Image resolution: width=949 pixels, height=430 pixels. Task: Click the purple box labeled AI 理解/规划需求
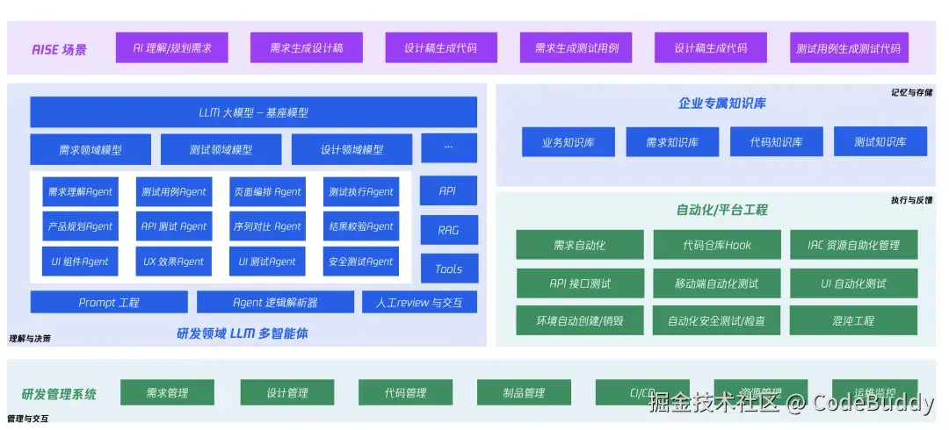[166, 47]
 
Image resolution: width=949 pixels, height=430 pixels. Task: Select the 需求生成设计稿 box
[306, 47]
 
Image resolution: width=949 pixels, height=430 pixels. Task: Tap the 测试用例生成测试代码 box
[848, 47]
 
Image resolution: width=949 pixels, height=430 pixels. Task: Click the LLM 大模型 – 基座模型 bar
[253, 112]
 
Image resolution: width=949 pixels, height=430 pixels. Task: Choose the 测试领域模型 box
[221, 149]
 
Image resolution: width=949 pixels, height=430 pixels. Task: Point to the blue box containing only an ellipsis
[448, 148]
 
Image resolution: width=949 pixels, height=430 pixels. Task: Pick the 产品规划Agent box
[81, 226]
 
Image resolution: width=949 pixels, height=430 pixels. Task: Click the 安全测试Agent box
[361, 262]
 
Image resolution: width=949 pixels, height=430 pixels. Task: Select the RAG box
[448, 230]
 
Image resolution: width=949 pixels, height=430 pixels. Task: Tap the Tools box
[448, 269]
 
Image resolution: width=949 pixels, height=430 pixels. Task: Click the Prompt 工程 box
[109, 303]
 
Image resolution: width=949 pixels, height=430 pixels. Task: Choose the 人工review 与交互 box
[419, 303]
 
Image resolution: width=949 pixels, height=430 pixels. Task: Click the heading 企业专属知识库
[721, 103]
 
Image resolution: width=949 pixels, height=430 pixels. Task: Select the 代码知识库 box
[776, 142]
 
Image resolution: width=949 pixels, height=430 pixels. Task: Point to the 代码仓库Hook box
[716, 245]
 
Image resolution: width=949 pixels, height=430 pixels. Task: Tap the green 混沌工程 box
[853, 321]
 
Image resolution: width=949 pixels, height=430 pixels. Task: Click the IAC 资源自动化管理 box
[853, 245]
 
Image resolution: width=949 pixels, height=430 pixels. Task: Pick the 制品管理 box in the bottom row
[524, 393]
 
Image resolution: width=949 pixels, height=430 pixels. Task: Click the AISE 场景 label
[59, 49]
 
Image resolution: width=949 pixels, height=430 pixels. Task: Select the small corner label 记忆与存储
[911, 92]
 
